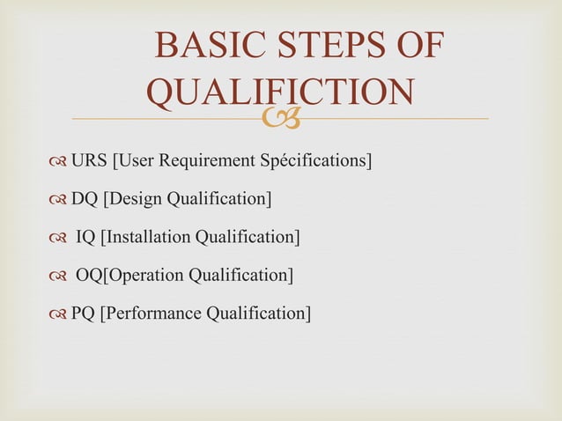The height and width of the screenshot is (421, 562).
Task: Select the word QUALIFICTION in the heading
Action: pos(281,93)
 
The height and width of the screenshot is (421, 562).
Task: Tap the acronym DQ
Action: pos(85,199)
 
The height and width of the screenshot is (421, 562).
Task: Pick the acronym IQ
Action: pos(87,237)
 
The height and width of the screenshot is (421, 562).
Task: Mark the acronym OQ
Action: pos(89,275)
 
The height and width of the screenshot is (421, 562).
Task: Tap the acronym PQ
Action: pos(83,313)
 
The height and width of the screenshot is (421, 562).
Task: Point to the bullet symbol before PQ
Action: pos(58,314)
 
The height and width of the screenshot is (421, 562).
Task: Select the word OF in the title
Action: pos(416,48)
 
